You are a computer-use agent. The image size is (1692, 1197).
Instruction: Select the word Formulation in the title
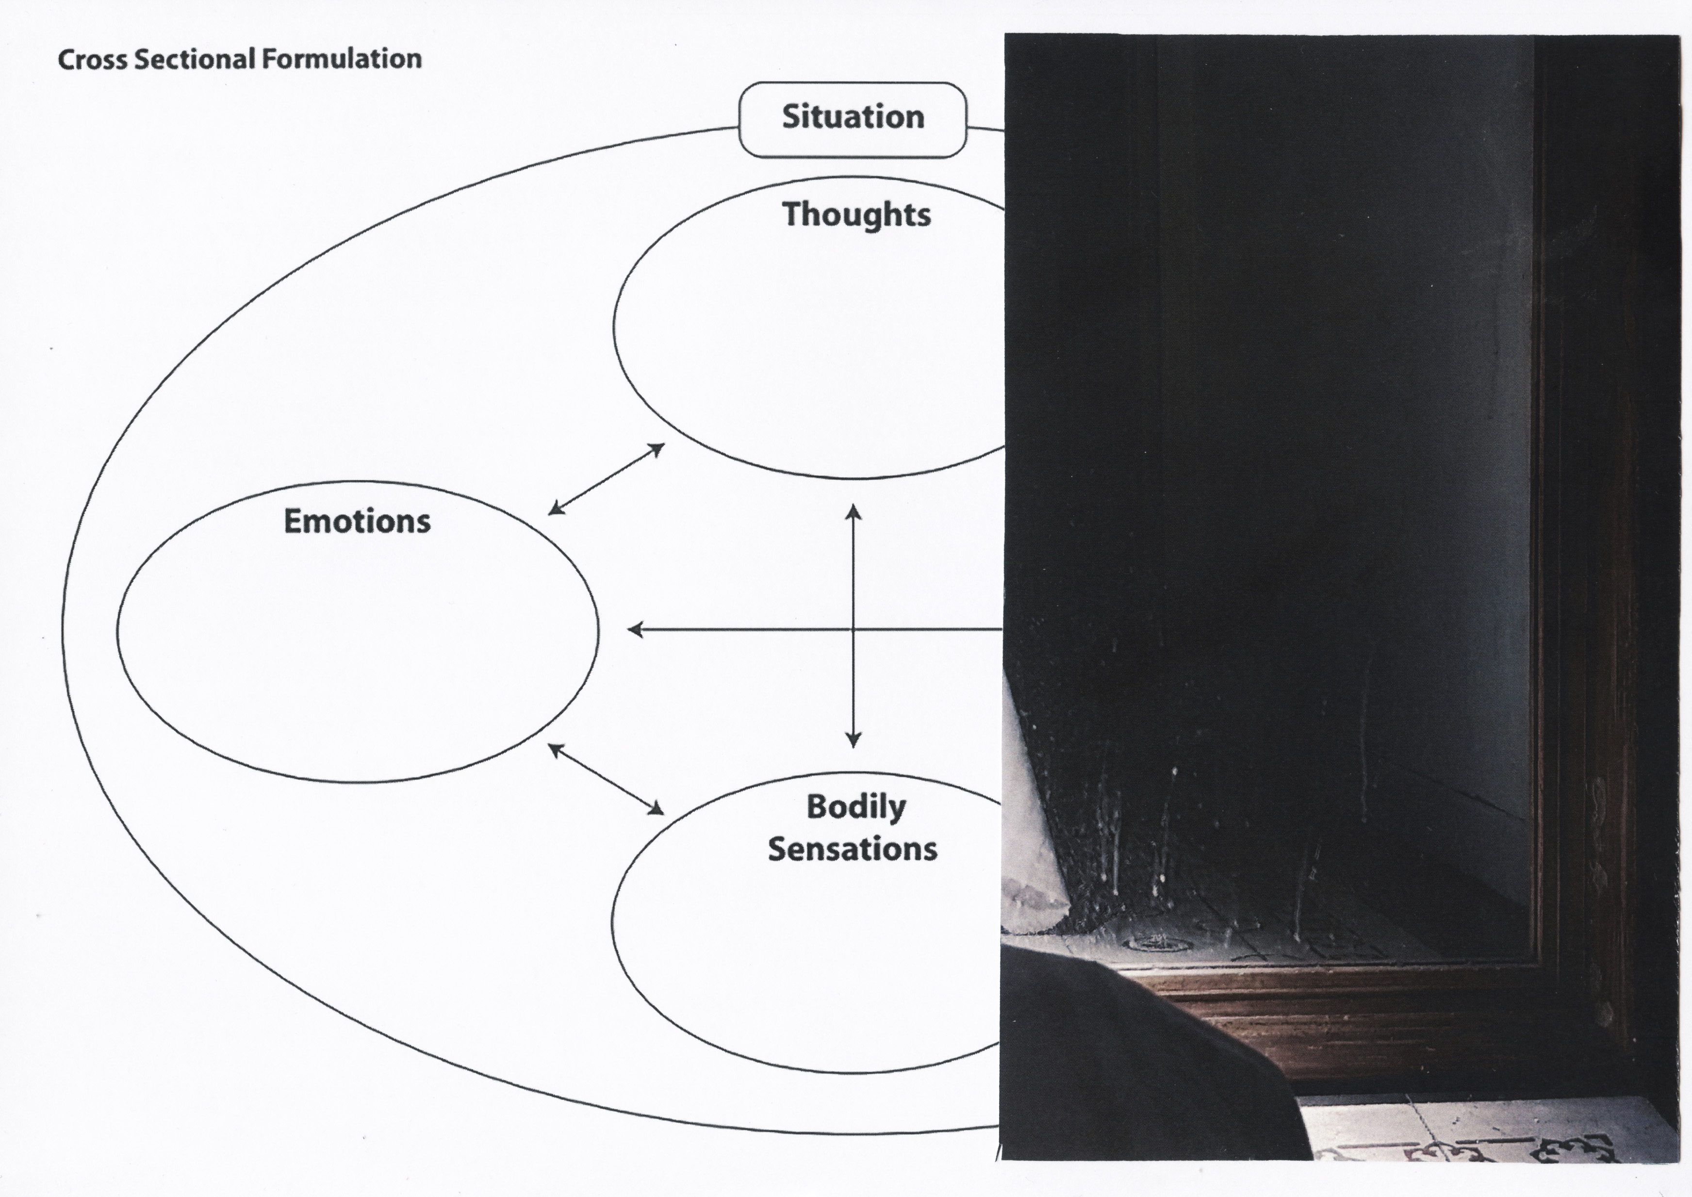click(x=341, y=60)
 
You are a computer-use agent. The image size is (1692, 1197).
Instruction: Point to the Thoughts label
click(x=856, y=214)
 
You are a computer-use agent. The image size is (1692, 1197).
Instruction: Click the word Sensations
click(x=852, y=849)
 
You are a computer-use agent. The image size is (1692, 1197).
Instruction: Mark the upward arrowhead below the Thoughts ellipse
click(x=854, y=512)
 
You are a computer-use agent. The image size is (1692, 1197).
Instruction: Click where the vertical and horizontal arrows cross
click(x=854, y=629)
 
